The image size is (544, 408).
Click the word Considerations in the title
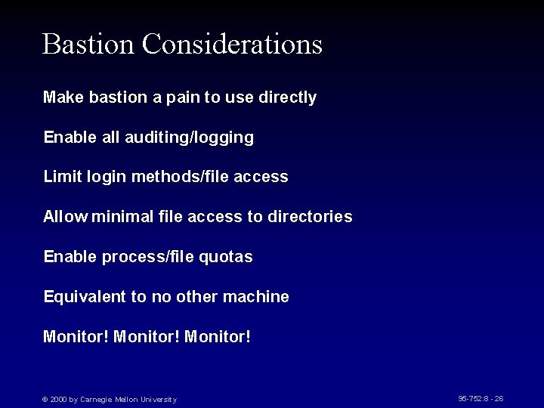click(x=232, y=44)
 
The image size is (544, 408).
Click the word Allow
click(x=66, y=217)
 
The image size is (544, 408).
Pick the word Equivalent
click(x=85, y=297)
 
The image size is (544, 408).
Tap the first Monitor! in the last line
click(x=76, y=336)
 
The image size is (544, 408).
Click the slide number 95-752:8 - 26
click(x=481, y=398)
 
